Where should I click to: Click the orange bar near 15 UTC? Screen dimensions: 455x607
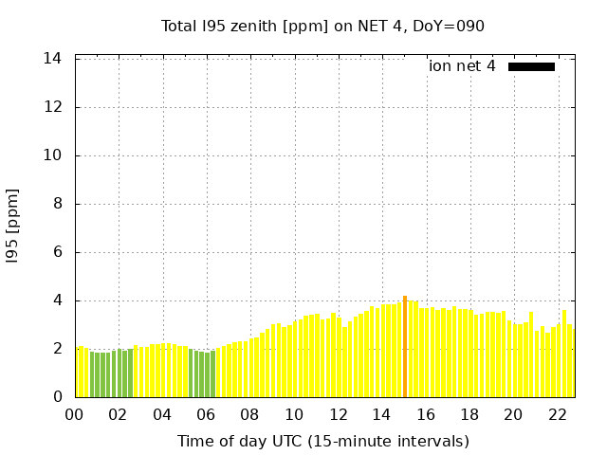(405, 347)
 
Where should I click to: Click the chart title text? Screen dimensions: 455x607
(322, 26)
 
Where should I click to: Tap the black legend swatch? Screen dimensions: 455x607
(531, 66)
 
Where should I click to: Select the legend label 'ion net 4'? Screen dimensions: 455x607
(462, 66)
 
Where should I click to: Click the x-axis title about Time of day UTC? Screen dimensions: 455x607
(322, 441)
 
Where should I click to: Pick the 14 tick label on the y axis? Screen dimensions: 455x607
(53, 59)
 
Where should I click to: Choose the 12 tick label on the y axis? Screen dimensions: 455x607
(53, 107)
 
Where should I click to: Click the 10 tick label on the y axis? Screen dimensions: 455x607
(53, 155)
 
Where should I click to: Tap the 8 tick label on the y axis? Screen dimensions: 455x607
(57, 204)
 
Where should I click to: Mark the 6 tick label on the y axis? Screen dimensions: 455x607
(57, 252)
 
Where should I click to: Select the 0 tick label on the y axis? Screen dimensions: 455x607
(57, 397)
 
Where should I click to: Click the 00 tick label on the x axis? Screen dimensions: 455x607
(75, 415)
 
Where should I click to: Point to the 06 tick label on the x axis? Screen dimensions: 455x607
(207, 415)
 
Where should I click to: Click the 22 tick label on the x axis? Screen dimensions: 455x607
(558, 415)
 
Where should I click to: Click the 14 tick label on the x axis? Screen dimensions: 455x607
(382, 415)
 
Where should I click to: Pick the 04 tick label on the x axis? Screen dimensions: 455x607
(163, 415)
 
